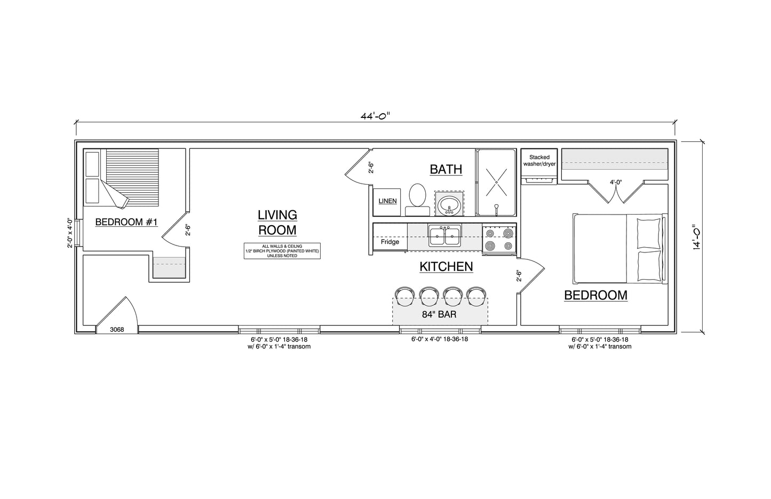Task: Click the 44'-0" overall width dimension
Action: pyautogui.click(x=375, y=116)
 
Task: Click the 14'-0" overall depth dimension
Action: pyautogui.click(x=697, y=236)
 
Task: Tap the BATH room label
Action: pyautogui.click(x=446, y=169)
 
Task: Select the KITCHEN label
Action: pyautogui.click(x=446, y=266)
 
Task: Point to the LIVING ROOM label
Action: pyautogui.click(x=277, y=223)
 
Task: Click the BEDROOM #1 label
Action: pyautogui.click(x=126, y=222)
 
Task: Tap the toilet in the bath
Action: pyautogui.click(x=417, y=200)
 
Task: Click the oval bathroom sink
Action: pyautogui.click(x=449, y=205)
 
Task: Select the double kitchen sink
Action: pyautogui.click(x=444, y=235)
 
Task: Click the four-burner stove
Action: pyautogui.click(x=499, y=240)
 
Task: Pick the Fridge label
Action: pyautogui.click(x=390, y=242)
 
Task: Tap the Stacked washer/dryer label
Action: pyautogui.click(x=539, y=161)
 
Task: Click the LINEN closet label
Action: pyautogui.click(x=387, y=201)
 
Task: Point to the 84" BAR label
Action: pyautogui.click(x=439, y=314)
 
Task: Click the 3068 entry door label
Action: pyautogui.click(x=117, y=330)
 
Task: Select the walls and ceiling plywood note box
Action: pyautogui.click(x=282, y=251)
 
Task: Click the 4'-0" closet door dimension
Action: pyautogui.click(x=616, y=182)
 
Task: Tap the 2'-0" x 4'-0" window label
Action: pyautogui.click(x=70, y=233)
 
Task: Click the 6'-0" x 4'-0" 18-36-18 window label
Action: pyautogui.click(x=440, y=339)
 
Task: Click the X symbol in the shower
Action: pyautogui.click(x=496, y=182)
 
